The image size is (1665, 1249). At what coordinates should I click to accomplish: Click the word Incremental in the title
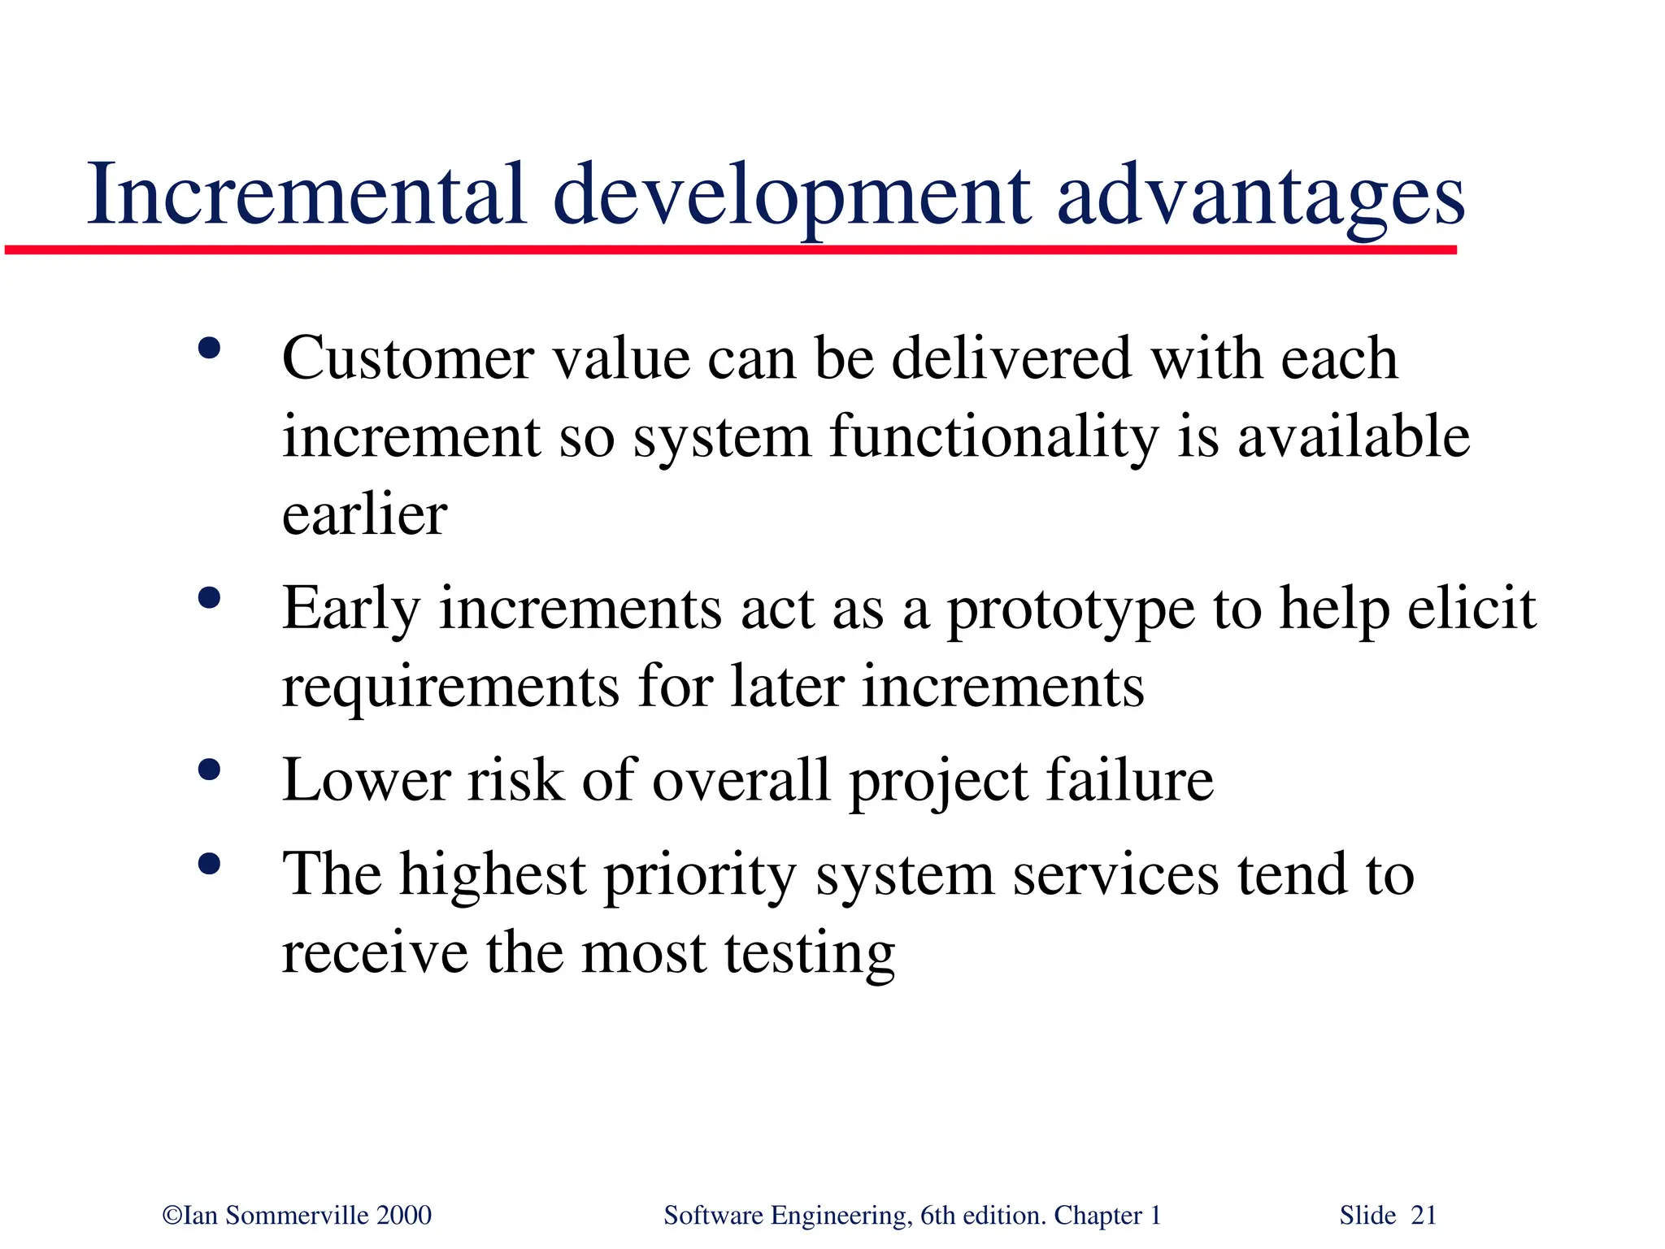[x=306, y=195]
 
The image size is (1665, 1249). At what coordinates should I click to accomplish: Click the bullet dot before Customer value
[x=209, y=349]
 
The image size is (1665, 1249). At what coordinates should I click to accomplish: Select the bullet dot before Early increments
[x=209, y=598]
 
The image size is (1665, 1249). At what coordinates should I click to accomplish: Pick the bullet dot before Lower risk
[x=209, y=770]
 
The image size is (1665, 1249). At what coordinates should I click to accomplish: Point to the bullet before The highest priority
[x=209, y=864]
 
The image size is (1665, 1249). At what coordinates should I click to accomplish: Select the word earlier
[x=364, y=514]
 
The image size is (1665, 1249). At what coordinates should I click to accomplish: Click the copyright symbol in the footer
[x=172, y=1216]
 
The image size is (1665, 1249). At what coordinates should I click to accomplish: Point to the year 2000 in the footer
[x=404, y=1216]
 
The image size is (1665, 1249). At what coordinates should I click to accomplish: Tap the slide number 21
[x=1424, y=1216]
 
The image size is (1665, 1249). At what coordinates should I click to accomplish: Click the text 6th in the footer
[x=937, y=1216]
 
